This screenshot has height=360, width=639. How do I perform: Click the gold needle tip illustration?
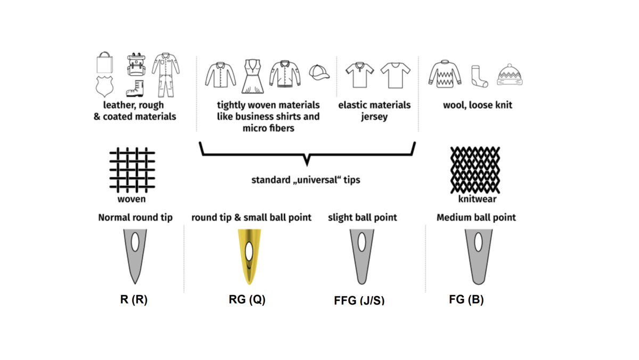(249, 256)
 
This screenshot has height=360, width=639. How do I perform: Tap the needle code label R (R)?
(134, 299)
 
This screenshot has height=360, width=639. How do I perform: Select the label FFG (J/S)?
(359, 301)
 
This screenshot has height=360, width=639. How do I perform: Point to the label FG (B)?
(466, 299)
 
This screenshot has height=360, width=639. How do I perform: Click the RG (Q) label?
(247, 299)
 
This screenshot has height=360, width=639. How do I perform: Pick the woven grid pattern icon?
(132, 169)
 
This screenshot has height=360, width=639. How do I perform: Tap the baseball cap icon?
(319, 72)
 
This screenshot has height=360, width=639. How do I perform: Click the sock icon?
(479, 77)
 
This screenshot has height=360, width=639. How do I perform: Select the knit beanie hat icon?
(510, 75)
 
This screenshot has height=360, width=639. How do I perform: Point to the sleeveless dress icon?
(252, 76)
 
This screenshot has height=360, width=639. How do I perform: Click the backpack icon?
(136, 64)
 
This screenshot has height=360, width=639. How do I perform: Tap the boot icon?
(135, 88)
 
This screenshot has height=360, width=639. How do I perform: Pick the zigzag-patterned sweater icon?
(445, 74)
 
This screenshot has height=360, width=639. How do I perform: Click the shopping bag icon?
(105, 63)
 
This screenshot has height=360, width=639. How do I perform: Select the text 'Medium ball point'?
(476, 217)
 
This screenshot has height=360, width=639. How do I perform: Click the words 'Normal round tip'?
(135, 217)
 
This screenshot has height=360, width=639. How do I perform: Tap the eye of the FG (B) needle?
(478, 242)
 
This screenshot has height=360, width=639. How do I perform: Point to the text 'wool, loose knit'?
(477, 105)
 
